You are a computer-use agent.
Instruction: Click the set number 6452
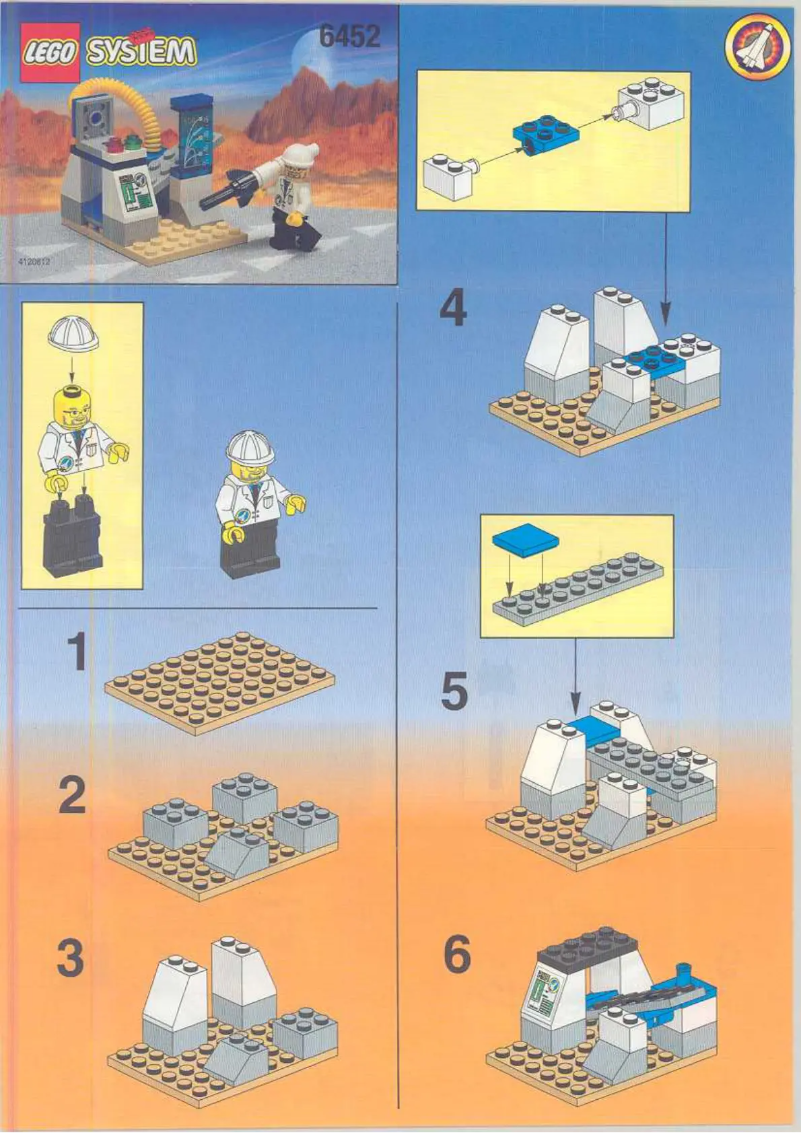(350, 37)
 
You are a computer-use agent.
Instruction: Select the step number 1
(75, 653)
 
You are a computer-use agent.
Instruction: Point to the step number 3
(70, 959)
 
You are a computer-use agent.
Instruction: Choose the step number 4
(453, 309)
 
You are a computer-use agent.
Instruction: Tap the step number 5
(454, 692)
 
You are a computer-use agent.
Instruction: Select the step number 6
(456, 956)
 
